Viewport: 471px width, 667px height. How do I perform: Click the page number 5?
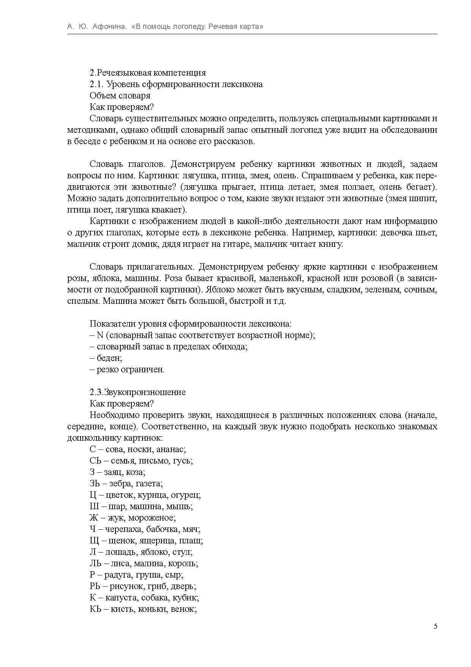click(435, 626)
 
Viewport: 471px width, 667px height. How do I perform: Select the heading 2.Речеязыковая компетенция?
click(148, 73)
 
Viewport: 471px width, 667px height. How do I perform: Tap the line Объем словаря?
click(120, 95)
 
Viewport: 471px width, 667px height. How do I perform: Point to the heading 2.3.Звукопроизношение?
click(138, 392)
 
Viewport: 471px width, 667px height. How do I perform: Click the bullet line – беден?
click(106, 358)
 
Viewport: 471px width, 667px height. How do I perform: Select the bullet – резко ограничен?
click(127, 369)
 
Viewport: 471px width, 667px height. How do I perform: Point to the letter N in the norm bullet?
click(100, 335)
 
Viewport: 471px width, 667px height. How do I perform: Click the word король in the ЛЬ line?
click(185, 563)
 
